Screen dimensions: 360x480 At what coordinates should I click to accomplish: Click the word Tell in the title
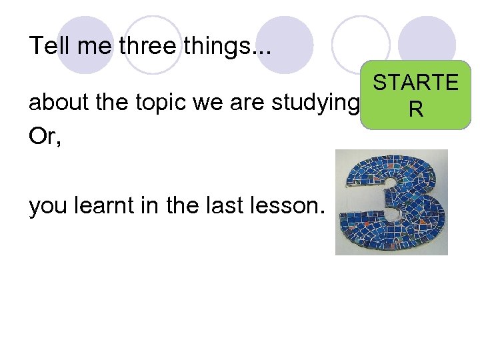[x=45, y=45]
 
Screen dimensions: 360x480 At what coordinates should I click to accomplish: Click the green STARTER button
[x=415, y=95]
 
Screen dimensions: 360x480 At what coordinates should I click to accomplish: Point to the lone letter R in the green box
[x=415, y=109]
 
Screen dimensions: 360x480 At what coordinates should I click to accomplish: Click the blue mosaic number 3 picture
[x=391, y=202]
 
